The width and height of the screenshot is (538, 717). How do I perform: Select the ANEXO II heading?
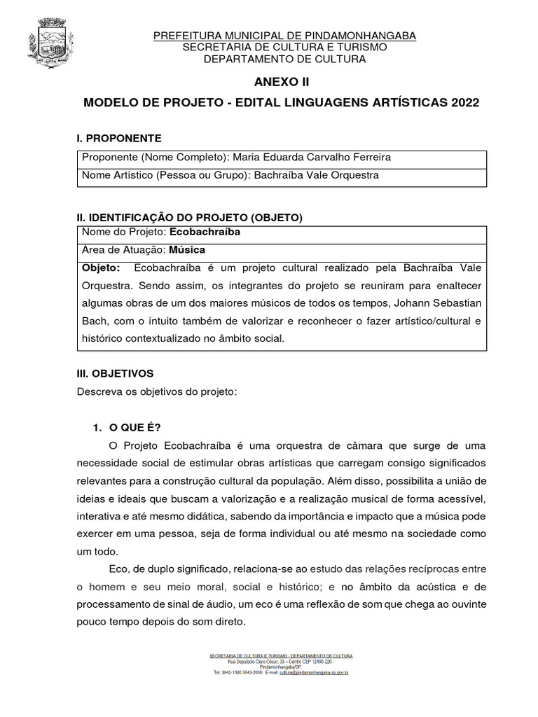284,82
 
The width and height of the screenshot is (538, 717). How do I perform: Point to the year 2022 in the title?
466,103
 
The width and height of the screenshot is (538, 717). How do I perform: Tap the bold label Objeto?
102,267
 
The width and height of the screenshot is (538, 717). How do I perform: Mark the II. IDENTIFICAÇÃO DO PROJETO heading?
190,218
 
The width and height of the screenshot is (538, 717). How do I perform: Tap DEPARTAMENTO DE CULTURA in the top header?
284,60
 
